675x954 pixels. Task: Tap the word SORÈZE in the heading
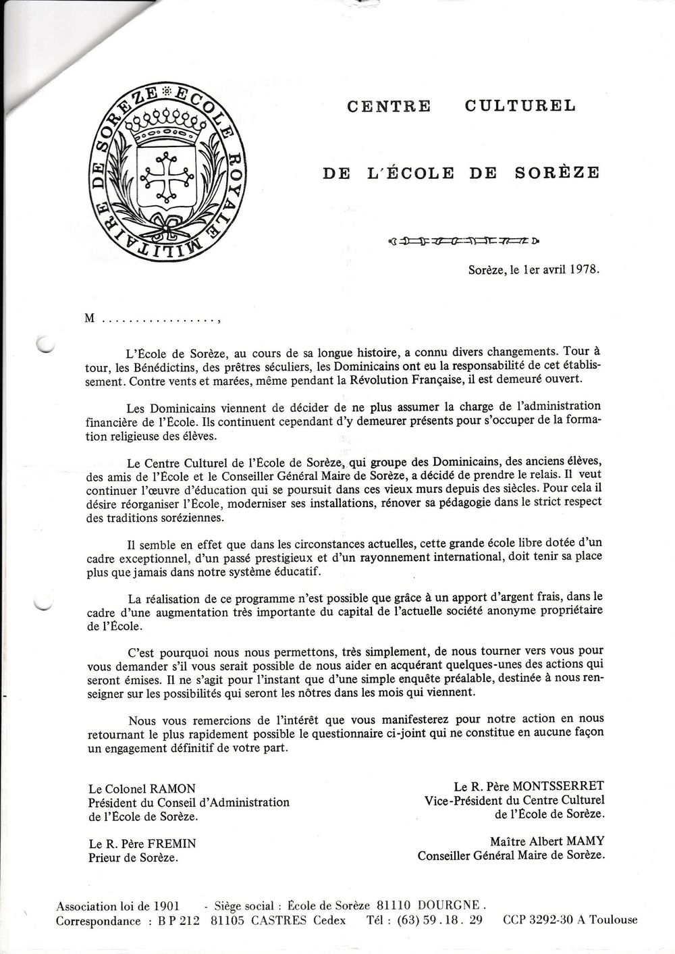click(557, 173)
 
